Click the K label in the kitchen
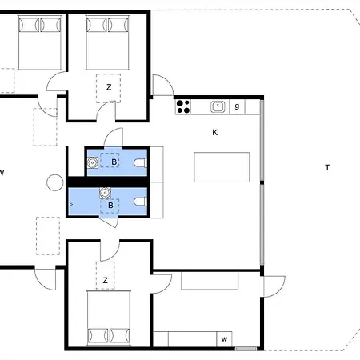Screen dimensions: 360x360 coord(214,132)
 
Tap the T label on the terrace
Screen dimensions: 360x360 coord(326,167)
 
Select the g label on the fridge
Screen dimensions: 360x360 coord(237,106)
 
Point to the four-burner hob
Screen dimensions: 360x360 coord(182,106)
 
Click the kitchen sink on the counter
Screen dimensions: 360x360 coord(217,106)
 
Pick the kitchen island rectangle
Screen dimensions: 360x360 coord(222,168)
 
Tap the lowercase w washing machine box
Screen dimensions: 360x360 coord(224,340)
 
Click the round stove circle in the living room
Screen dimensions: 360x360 coord(54,182)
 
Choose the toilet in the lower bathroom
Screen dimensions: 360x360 coord(142,201)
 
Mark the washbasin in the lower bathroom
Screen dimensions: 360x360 coord(105,193)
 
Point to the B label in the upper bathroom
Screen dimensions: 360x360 coord(114,162)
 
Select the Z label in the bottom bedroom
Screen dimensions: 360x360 coord(105,281)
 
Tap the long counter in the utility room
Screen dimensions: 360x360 coord(210,281)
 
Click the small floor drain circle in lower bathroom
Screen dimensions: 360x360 coord(72,205)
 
